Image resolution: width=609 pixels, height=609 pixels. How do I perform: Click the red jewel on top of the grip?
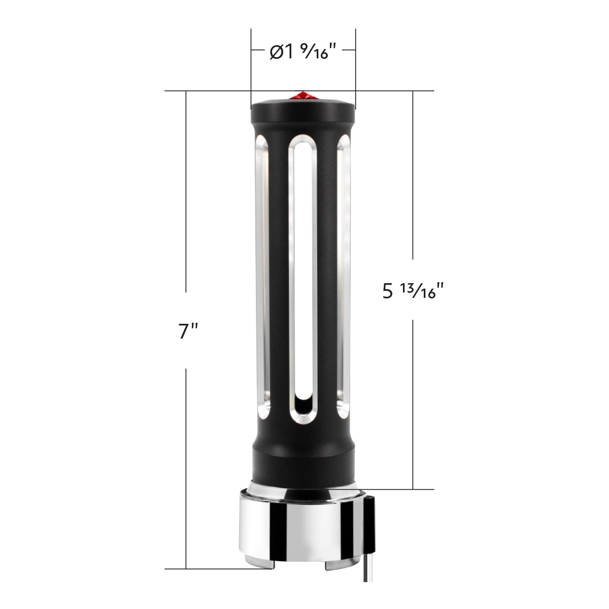coord(302,96)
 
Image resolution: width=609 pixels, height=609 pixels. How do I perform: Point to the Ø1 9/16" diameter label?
coord(302,52)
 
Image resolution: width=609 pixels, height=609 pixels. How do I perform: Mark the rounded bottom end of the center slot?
coord(302,409)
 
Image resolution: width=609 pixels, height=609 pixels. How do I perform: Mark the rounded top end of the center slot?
coord(302,145)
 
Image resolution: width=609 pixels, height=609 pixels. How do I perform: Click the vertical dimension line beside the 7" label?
coord(187,203)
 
